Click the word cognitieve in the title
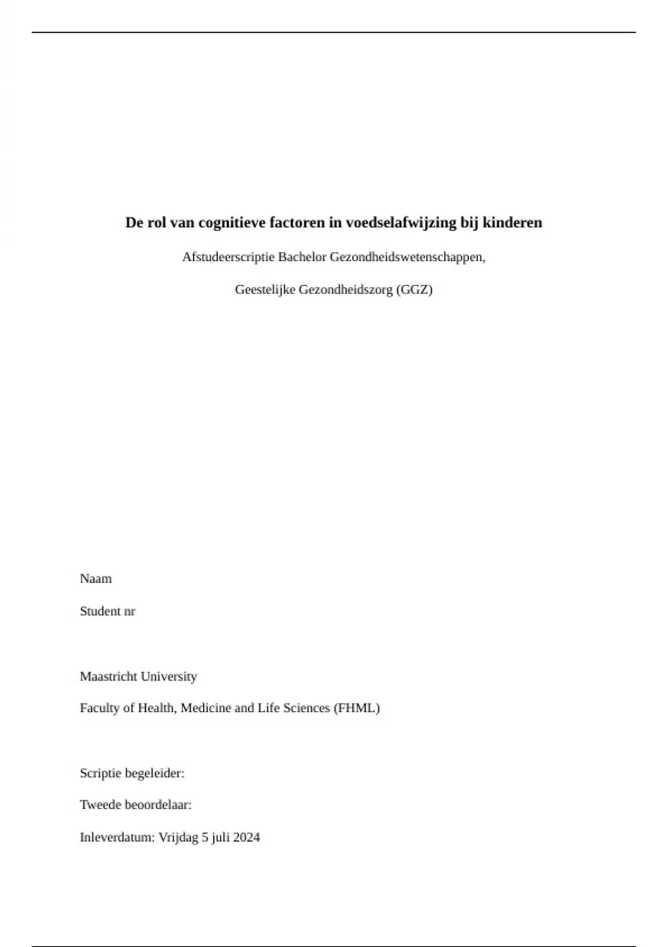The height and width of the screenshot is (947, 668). click(x=232, y=223)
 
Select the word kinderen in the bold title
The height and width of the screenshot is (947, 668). click(x=512, y=223)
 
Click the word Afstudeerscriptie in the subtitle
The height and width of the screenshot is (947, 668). click(x=228, y=257)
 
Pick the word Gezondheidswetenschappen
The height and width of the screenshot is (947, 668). click(x=407, y=257)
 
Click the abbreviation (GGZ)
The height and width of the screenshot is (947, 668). click(x=414, y=290)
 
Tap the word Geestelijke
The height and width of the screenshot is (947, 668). click(x=265, y=290)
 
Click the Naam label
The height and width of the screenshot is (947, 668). click(x=96, y=579)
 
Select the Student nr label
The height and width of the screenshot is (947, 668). click(x=107, y=611)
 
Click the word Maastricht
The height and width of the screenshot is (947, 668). click(x=109, y=676)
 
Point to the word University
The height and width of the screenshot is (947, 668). click(x=169, y=676)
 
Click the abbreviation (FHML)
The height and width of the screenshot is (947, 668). click(x=356, y=708)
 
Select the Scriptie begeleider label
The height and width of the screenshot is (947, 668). click(x=132, y=773)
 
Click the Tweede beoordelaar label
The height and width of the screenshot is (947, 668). click(x=136, y=805)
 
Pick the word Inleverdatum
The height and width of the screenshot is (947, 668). click(x=117, y=837)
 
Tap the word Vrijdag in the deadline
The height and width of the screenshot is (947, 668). click(x=178, y=837)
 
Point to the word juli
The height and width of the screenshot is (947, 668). click(x=220, y=837)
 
